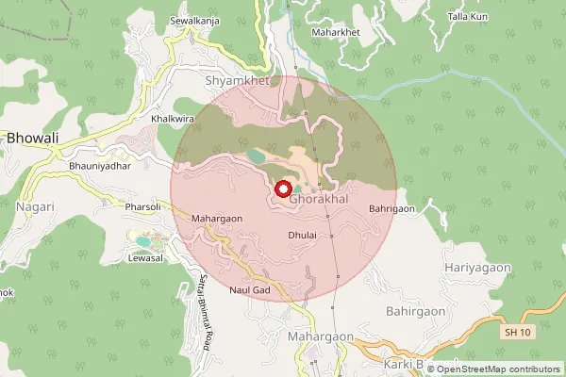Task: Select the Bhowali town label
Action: tap(33, 138)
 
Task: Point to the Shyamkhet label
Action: tap(238, 81)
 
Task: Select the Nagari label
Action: tap(35, 205)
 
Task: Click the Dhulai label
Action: tap(302, 233)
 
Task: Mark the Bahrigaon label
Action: tap(393, 207)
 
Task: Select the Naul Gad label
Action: tap(250, 289)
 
